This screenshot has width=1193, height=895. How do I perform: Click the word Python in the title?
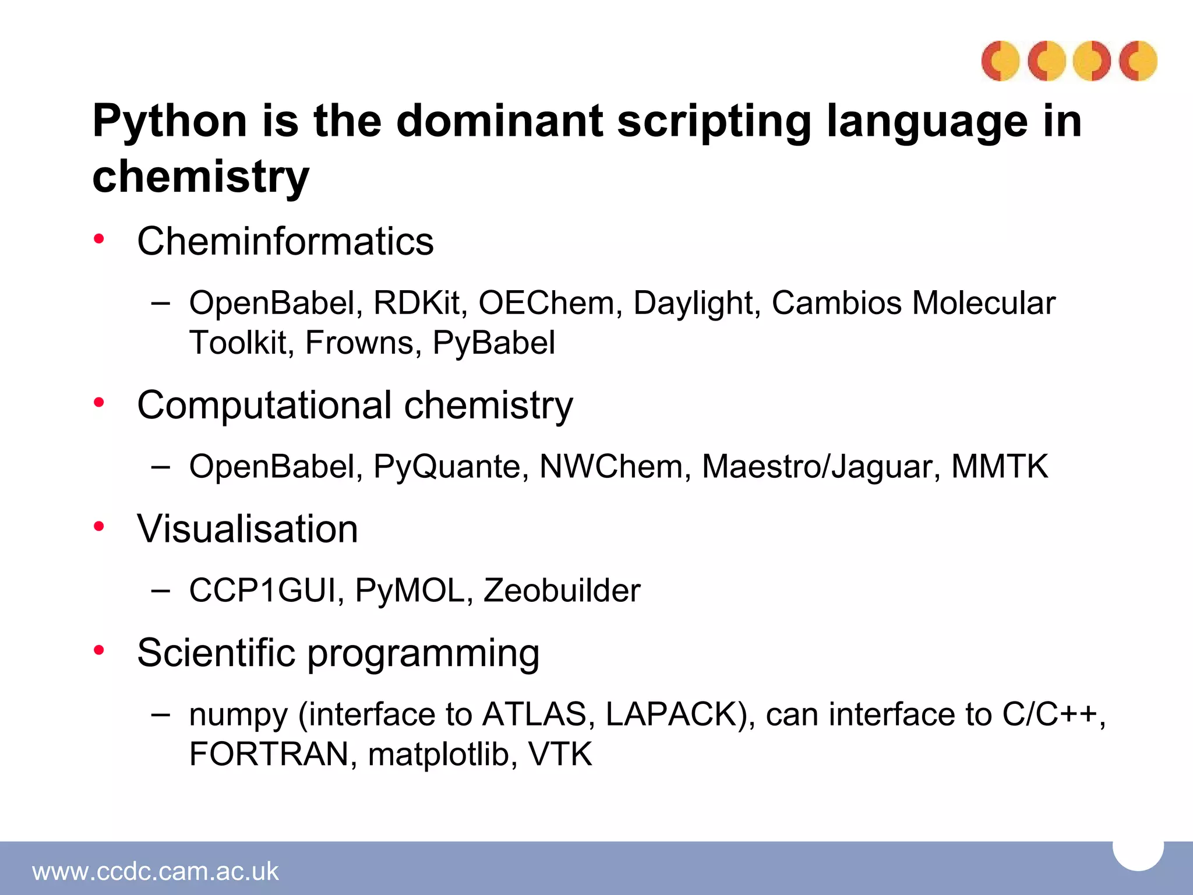tap(170, 122)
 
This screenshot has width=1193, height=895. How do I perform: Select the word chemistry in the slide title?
tap(200, 177)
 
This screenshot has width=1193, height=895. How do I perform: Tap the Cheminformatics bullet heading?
tap(285, 241)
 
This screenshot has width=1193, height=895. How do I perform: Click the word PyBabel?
tap(493, 343)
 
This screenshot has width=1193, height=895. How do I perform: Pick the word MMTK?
tap(999, 467)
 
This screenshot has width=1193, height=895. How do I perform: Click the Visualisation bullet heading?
tap(248, 529)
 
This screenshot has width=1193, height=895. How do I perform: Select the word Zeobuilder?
tap(562, 591)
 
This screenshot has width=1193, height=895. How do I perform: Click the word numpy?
tap(238, 716)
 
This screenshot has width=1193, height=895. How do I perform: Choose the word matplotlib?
tap(442, 754)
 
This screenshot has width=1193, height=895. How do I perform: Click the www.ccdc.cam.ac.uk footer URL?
tap(156, 872)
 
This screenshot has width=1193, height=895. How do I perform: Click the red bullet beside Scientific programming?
tap(99, 649)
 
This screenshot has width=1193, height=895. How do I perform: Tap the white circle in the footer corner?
tap(1138, 852)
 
